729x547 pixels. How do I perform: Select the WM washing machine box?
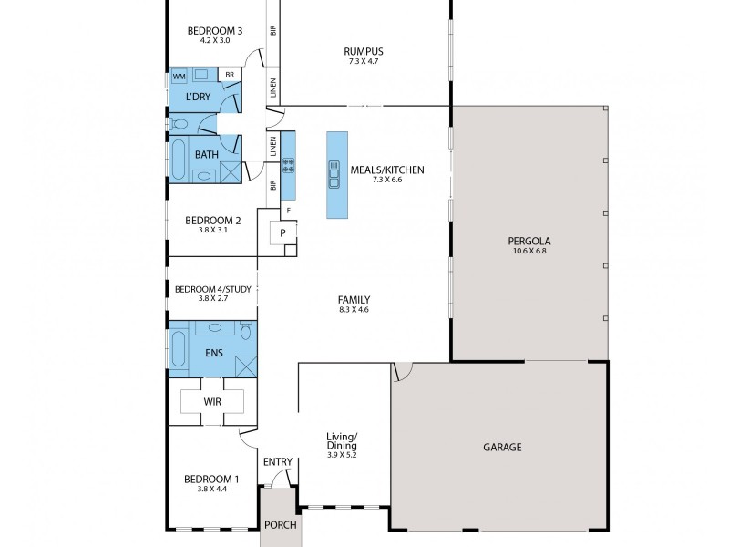[x=179, y=76]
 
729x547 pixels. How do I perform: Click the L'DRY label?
[x=199, y=96]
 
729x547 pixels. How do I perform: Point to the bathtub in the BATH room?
[x=179, y=161]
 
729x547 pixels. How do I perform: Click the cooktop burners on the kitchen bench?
[x=288, y=165]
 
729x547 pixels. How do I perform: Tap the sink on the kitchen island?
[x=334, y=173]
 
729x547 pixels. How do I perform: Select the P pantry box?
[x=283, y=232]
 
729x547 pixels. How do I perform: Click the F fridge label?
[x=288, y=212]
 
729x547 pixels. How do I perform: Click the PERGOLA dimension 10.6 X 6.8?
[x=530, y=252]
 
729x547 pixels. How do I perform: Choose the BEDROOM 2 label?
[x=212, y=220]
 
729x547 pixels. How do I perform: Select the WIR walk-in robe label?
[x=212, y=401]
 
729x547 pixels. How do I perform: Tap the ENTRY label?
[x=278, y=462]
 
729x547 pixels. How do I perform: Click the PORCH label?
[x=278, y=526]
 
